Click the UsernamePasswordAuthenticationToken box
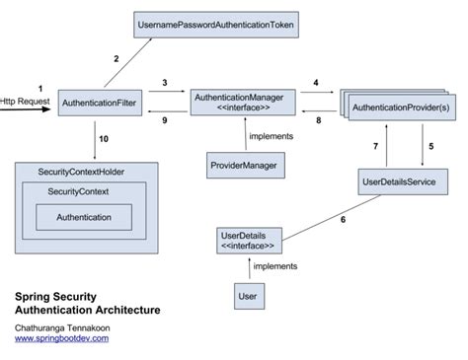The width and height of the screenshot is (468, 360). pos(204,23)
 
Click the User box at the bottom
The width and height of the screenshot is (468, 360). pos(248,294)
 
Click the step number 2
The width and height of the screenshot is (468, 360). pos(116,59)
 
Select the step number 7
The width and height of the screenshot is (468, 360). pos(374,146)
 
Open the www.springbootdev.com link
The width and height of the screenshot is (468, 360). pos(61,338)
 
